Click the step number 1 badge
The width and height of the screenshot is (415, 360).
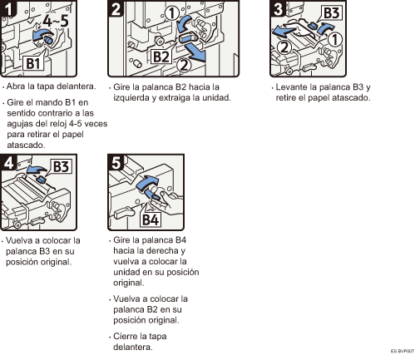tap(8, 8)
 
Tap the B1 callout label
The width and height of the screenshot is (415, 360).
tap(32, 63)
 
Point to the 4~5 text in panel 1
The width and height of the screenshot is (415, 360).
tap(56, 21)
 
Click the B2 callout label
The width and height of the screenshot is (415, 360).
tap(161, 57)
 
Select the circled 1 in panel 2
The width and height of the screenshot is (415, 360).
tap(172, 13)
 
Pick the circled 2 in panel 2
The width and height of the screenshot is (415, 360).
tap(184, 66)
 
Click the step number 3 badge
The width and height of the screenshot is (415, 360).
tap(278, 8)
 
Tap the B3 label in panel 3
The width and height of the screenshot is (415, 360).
tap(332, 12)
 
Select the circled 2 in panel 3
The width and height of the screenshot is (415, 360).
tap(284, 47)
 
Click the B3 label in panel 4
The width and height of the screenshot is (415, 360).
tap(61, 166)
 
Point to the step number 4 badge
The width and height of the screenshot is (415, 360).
tap(8, 162)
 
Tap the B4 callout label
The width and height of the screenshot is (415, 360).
tap(151, 219)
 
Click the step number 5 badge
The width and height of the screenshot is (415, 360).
tap(116, 162)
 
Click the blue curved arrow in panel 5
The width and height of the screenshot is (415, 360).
tap(147, 182)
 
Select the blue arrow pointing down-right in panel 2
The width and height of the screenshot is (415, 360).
tap(195, 52)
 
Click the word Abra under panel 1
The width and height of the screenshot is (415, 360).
tap(16, 86)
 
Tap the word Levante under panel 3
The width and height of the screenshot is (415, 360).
tap(292, 87)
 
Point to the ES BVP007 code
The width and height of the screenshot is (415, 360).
tap(403, 352)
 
